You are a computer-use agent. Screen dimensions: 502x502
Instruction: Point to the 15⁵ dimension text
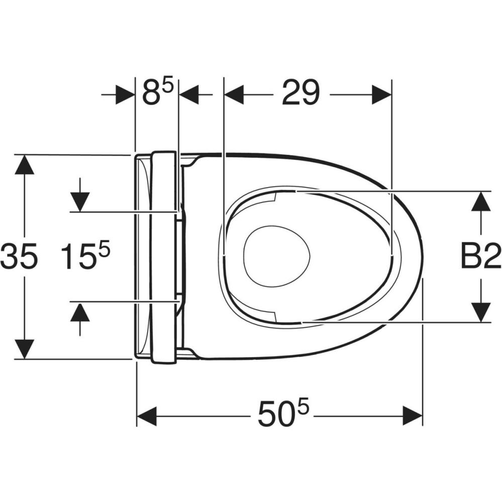point(85,255)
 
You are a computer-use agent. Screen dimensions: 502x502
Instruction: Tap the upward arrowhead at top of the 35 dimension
point(24,164)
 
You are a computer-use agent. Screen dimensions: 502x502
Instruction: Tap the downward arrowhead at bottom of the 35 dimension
point(24,349)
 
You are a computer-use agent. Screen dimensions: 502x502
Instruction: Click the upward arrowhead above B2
point(481,201)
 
